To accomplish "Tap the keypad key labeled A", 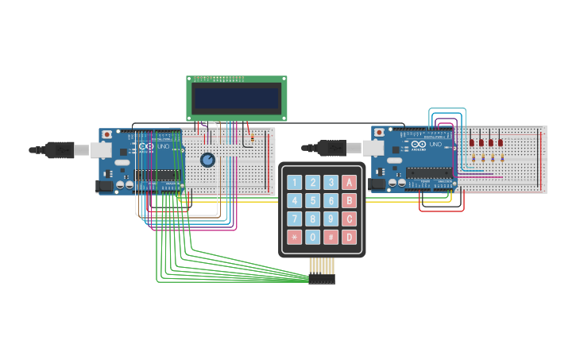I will tap(349, 183).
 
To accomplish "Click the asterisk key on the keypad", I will tap(295, 237).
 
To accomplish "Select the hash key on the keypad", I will tap(331, 237).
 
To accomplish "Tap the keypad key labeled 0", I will tap(313, 237).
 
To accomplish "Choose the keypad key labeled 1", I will tap(295, 183).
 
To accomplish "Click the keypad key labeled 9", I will tap(331, 219).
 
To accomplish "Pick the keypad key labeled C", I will tap(349, 219).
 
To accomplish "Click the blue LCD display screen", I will tap(237, 99).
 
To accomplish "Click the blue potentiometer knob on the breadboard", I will tap(207, 160).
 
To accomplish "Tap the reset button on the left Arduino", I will tap(106, 135).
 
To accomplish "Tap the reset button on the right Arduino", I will tap(379, 132).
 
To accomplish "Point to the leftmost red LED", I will tap(472, 142).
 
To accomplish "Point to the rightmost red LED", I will tap(501, 142).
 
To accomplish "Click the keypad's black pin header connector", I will tap(322, 279).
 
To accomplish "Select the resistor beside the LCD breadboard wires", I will tap(252, 140).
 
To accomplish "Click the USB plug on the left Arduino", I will tap(60, 149).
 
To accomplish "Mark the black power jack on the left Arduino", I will tap(103, 186).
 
